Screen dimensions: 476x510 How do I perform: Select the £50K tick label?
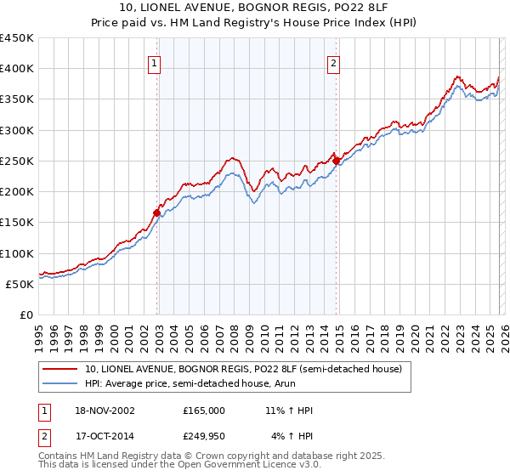[20, 284]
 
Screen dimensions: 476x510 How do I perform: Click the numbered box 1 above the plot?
[155, 62]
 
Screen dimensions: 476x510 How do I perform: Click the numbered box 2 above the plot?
[334, 62]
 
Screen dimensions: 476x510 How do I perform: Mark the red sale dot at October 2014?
[336, 161]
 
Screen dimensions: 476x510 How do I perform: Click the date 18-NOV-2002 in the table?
[105, 411]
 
